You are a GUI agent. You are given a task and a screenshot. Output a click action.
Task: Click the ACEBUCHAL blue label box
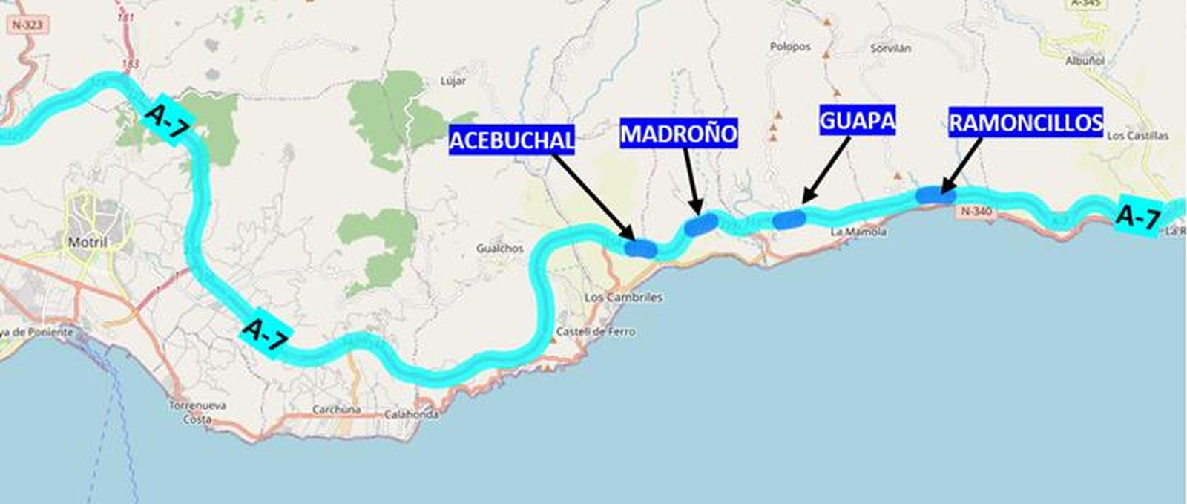coord(512,140)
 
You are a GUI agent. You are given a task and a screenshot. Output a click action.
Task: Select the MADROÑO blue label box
coord(679,134)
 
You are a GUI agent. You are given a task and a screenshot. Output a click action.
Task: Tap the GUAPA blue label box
coord(858,120)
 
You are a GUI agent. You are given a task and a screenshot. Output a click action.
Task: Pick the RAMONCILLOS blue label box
coord(1026,122)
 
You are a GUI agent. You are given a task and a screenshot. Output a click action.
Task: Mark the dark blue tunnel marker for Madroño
coord(700,224)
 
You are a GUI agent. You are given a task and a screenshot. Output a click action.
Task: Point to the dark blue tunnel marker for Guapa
coord(789,218)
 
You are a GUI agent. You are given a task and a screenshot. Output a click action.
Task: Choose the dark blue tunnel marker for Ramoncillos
coord(935,195)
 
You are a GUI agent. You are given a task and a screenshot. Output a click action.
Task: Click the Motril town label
coord(88,243)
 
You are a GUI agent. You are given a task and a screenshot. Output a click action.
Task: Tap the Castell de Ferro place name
coord(596,332)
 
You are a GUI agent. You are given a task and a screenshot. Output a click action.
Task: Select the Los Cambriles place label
coord(623,297)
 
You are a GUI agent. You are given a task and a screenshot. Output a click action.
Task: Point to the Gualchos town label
coord(499,249)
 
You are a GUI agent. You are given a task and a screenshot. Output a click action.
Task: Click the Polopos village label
coord(790,47)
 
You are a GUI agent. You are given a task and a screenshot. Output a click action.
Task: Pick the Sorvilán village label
coord(890,48)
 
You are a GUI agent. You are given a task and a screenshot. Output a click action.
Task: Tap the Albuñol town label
coord(1085,61)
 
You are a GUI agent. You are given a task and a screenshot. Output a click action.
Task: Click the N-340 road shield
coord(976,212)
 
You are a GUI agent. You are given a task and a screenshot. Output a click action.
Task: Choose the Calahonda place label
coord(411,415)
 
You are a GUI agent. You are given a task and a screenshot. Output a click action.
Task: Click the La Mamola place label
coord(858,232)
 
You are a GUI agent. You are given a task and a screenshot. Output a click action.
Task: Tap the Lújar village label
coord(453,82)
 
